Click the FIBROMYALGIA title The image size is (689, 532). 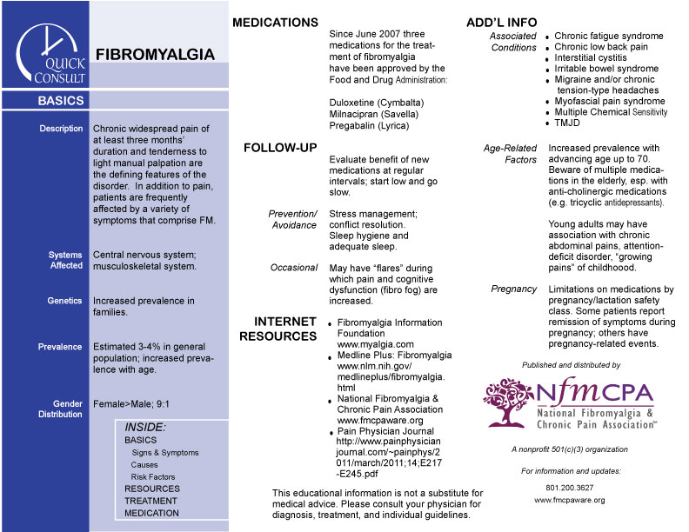pyautogui.click(x=155, y=55)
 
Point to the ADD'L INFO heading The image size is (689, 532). pyautogui.click(x=502, y=22)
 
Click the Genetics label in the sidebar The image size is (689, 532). pyautogui.click(x=65, y=301)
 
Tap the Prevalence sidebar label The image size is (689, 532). pyautogui.click(x=60, y=347)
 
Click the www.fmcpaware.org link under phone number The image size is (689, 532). pyautogui.click(x=570, y=500)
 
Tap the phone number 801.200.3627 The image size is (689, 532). pyautogui.click(x=570, y=488)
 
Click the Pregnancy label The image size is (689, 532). pyautogui.click(x=513, y=289)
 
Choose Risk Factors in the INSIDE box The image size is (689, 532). pyautogui.click(x=153, y=476)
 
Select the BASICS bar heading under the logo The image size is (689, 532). pyautogui.click(x=61, y=101)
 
